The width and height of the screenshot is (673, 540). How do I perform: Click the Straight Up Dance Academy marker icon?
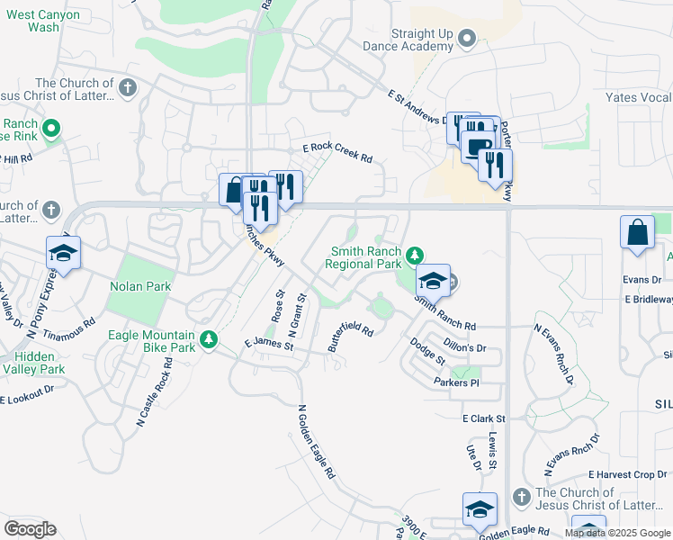(x=466, y=38)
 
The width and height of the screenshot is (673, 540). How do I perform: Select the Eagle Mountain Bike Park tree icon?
(x=209, y=339)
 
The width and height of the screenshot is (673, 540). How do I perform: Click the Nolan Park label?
(x=139, y=287)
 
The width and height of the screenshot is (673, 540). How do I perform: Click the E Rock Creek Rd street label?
(x=337, y=152)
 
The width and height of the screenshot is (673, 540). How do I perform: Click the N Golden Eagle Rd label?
(x=316, y=440)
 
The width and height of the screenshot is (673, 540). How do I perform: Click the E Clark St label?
(x=484, y=418)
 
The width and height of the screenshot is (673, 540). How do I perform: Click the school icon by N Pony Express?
(x=63, y=253)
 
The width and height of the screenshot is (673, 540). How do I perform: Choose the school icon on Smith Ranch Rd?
(x=433, y=281)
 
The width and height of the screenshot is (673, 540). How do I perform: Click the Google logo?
(x=30, y=529)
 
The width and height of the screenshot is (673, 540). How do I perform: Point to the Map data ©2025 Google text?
(x=617, y=533)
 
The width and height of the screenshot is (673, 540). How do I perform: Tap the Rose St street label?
(x=277, y=307)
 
